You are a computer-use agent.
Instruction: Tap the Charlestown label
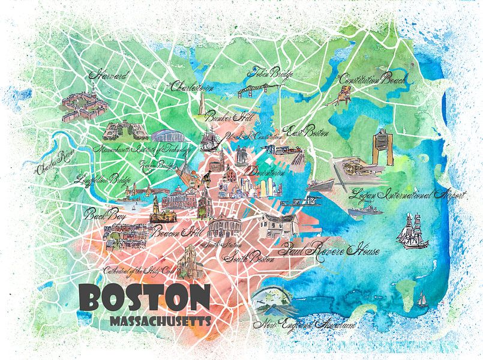point(193,88)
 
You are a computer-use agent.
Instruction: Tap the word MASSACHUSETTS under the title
point(160,321)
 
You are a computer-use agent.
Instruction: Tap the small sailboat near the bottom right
point(422,296)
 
